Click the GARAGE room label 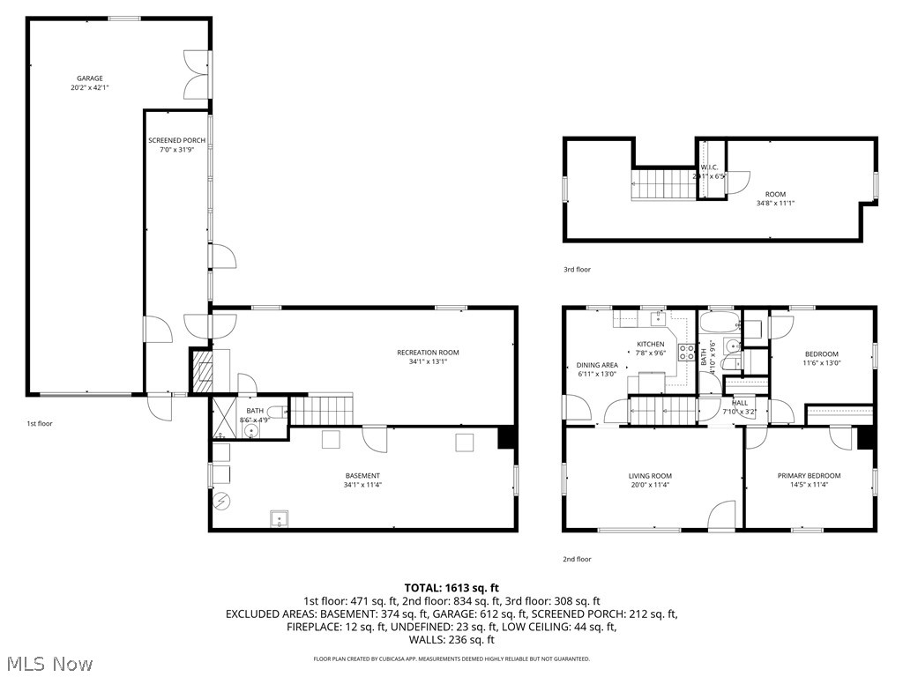pos(89,78)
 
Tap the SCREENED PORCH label pos(176,140)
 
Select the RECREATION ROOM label pos(428,353)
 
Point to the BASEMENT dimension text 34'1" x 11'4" pos(362,485)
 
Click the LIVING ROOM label pos(651,476)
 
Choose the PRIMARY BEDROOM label pos(809,476)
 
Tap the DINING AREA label pos(597,365)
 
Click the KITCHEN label pos(651,344)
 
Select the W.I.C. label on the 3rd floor pos(710,167)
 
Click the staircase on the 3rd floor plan pos(661,185)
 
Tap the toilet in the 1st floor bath pos(275,413)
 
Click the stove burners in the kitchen pos(686,353)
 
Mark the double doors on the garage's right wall pos(197,75)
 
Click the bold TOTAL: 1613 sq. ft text pos(451,587)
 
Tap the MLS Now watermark pos(49,663)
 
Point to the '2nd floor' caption pos(577,559)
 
